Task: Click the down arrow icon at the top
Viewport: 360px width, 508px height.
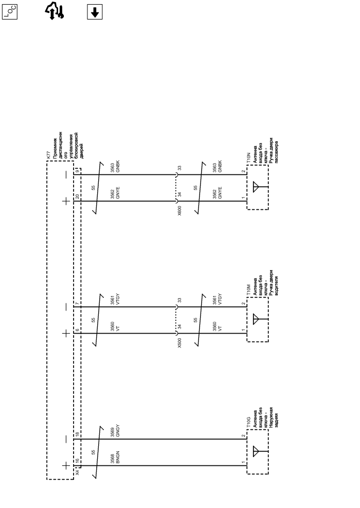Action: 94,13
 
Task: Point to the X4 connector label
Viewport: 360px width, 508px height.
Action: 77,471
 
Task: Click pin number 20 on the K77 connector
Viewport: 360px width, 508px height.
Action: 77,196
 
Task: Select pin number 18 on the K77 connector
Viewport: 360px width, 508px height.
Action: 77,434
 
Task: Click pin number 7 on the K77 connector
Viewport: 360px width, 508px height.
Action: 77,304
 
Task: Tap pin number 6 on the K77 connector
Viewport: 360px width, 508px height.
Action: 77,330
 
